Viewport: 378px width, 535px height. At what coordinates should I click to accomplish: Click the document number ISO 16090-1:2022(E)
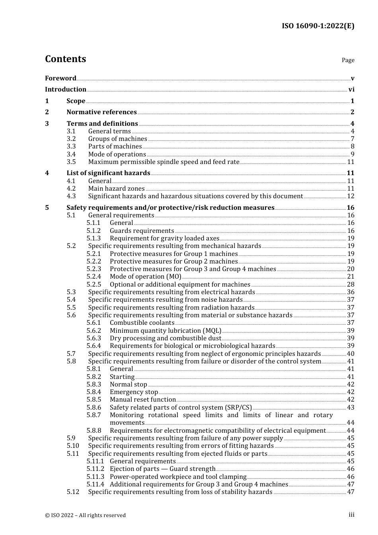pos(318,26)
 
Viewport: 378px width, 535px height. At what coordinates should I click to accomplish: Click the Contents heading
pos(65,59)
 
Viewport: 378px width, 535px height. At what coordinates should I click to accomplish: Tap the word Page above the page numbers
pos(348,60)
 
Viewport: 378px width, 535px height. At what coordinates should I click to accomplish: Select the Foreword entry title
pos(60,78)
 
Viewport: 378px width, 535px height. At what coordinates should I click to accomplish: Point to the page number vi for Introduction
pos(351,90)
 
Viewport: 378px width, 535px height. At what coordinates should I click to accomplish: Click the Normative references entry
pos(101,112)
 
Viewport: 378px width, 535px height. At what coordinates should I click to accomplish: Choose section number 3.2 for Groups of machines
pos(71,139)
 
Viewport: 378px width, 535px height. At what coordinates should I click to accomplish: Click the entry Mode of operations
pos(117,154)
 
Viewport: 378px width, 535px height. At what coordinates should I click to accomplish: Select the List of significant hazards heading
pos(108,173)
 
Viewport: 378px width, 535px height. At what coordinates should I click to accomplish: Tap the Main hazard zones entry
pos(116,189)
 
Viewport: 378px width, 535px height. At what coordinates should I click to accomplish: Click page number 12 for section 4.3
pos(351,196)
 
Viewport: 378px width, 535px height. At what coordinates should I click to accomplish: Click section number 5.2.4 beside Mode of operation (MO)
pos(94,277)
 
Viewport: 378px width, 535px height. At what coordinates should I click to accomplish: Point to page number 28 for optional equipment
pos(351,285)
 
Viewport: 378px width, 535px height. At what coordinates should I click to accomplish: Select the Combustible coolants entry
pos(142,323)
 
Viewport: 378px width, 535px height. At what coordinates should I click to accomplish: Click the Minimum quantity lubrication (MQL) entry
pos(166,331)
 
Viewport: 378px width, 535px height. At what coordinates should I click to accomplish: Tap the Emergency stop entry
pos(134,392)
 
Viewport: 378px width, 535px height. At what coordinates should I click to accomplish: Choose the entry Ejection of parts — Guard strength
pos(162,469)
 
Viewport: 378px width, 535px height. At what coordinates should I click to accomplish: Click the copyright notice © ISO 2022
pos(85,515)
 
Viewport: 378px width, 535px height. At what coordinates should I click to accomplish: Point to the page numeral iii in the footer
pos(351,515)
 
